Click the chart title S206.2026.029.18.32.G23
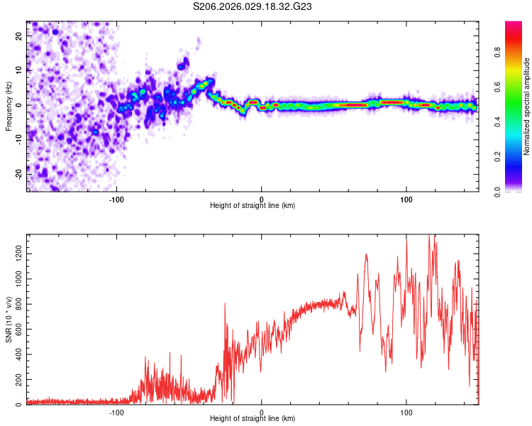click(253, 7)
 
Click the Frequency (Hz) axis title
click(9, 106)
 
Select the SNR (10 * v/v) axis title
click(9, 319)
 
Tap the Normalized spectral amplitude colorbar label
click(527, 106)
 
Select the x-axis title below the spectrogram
click(253, 206)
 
